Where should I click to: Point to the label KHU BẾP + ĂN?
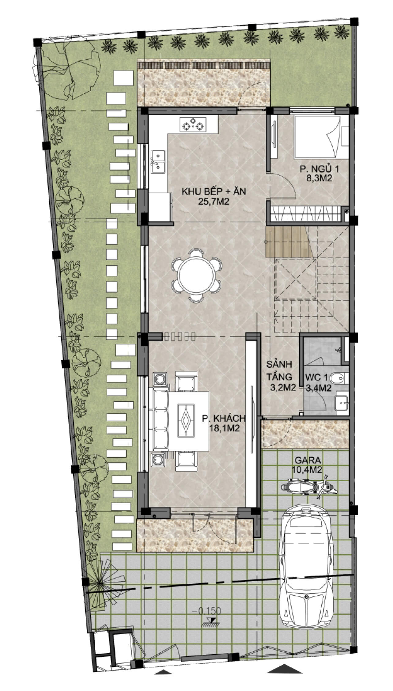pyautogui.click(x=214, y=192)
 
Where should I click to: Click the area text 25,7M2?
pyautogui.click(x=214, y=202)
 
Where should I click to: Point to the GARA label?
pyautogui.click(x=308, y=460)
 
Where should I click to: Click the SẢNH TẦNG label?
pyautogui.click(x=279, y=370)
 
